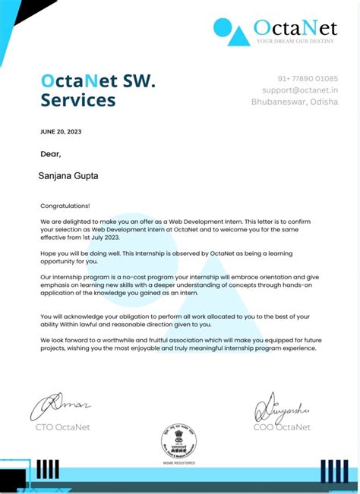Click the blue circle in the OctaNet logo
pyautogui.click(x=223, y=28)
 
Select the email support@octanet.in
pyautogui.click(x=300, y=90)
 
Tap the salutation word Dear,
pyautogui.click(x=50, y=154)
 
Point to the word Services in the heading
pyautogui.click(x=78, y=100)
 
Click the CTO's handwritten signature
pyautogui.click(x=61, y=407)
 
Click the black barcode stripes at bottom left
pyautogui.click(x=47, y=468)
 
